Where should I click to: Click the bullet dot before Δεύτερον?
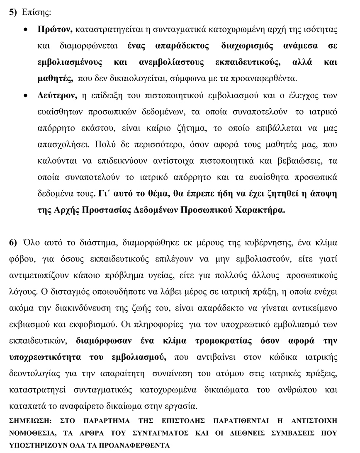pyautogui.click(x=27, y=96)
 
